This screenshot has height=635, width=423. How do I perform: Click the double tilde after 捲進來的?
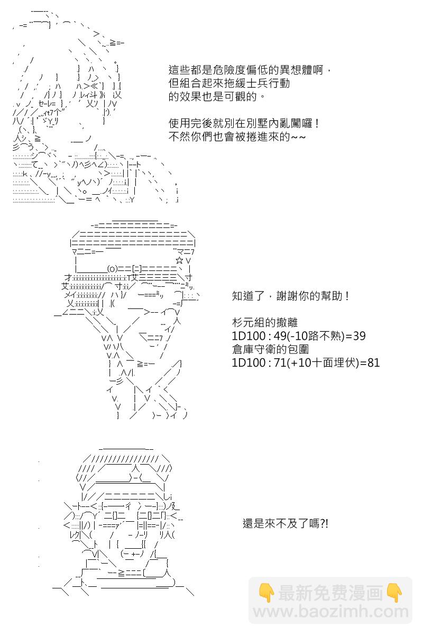[x=298, y=137]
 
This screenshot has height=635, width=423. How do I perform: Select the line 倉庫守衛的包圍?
[x=270, y=349]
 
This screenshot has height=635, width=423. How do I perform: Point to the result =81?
[x=370, y=363]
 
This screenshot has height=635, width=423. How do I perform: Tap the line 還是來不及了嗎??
[x=286, y=523]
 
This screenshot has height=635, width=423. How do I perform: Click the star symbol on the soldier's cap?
[x=179, y=260]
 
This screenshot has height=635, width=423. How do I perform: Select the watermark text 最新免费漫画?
[x=330, y=592]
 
